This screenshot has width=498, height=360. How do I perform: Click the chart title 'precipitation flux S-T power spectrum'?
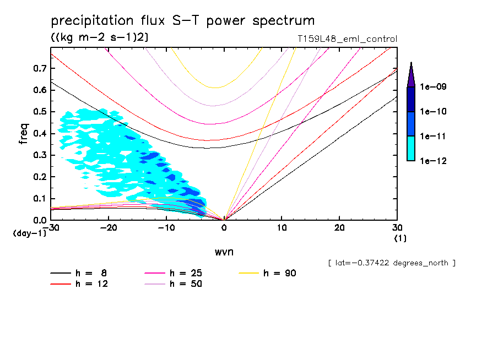click(183, 21)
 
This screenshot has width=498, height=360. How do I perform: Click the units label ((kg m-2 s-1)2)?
click(100, 37)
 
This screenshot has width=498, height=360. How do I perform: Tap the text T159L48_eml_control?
click(347, 39)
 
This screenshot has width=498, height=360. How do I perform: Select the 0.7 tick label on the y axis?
click(39, 68)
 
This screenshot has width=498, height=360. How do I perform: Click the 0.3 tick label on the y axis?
click(39, 155)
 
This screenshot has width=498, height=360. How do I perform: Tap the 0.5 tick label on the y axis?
click(39, 112)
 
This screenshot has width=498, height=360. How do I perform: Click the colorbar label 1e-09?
click(433, 87)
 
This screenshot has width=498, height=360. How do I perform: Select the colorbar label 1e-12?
click(433, 161)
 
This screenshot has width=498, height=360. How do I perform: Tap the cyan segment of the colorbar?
click(411, 148)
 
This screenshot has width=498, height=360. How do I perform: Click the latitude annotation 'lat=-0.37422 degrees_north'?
click(392, 263)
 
